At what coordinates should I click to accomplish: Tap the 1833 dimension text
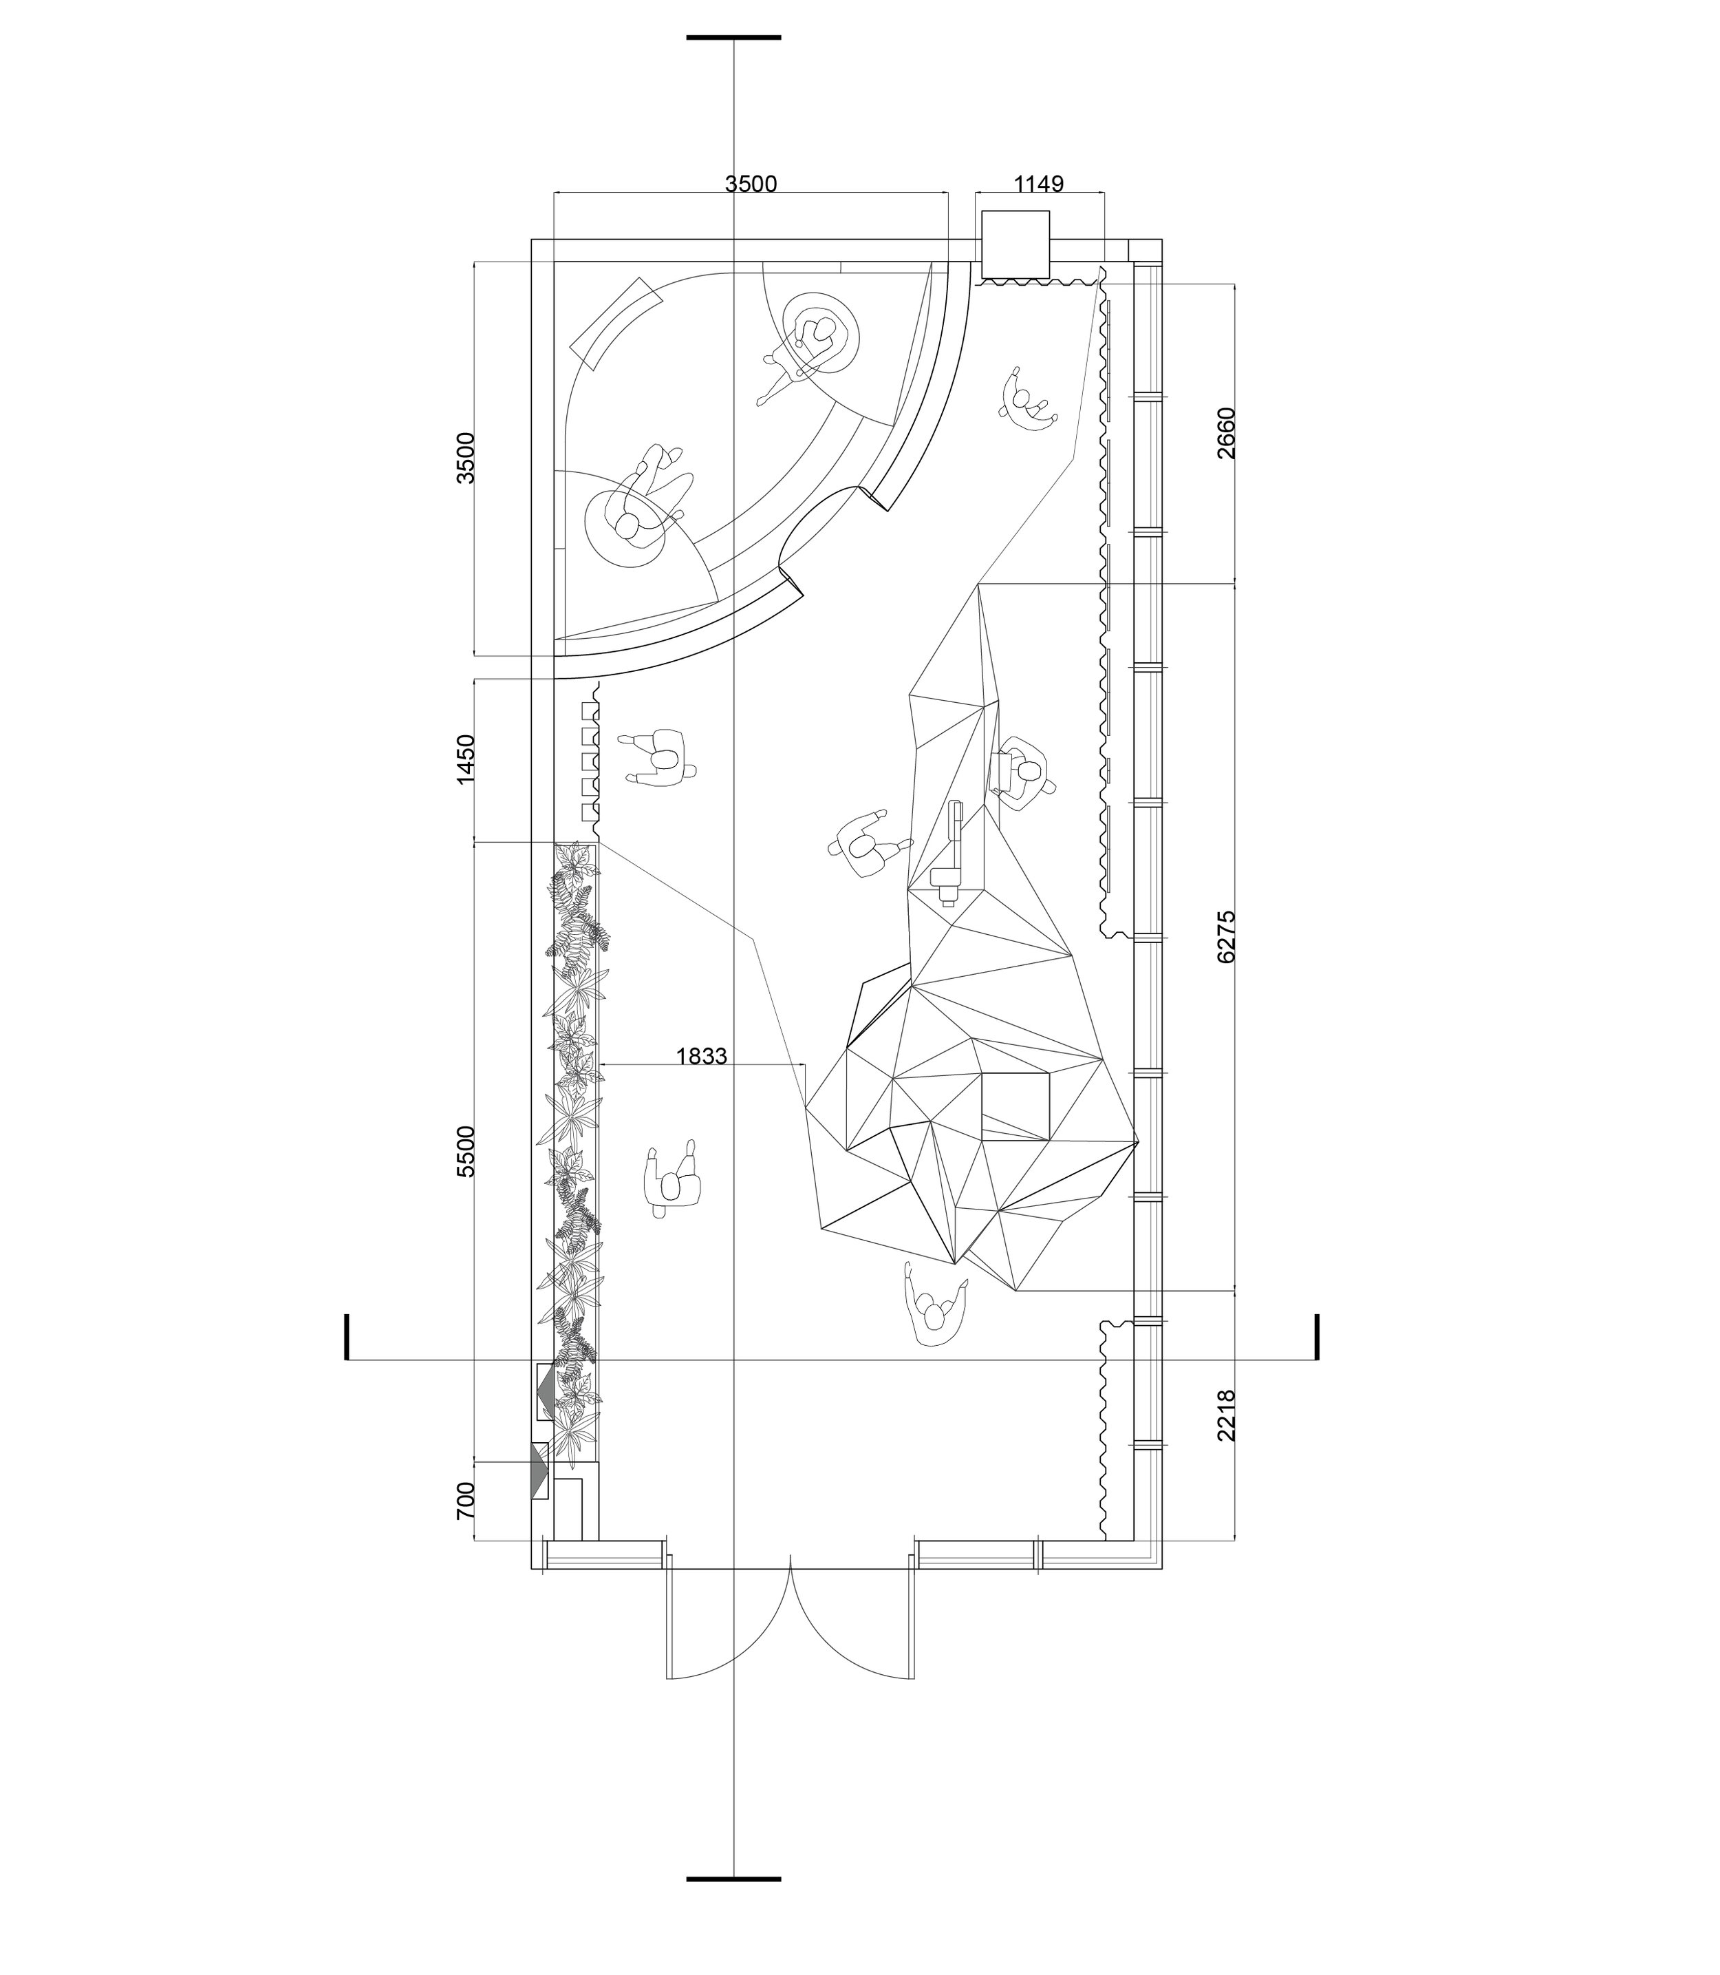click(702, 1056)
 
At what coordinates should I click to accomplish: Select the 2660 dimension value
click(1226, 433)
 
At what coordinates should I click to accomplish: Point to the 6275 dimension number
click(1226, 936)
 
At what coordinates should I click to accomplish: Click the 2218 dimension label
click(1226, 1415)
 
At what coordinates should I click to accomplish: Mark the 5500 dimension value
click(466, 1151)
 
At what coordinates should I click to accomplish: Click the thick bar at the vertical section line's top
click(733, 37)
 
